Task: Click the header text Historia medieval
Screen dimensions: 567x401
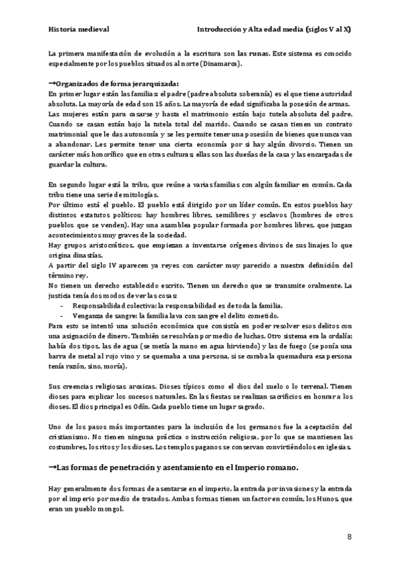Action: click(x=79, y=30)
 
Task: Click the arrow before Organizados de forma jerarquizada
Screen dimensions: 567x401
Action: click(x=53, y=83)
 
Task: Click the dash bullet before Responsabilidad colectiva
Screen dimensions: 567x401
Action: click(x=61, y=306)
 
